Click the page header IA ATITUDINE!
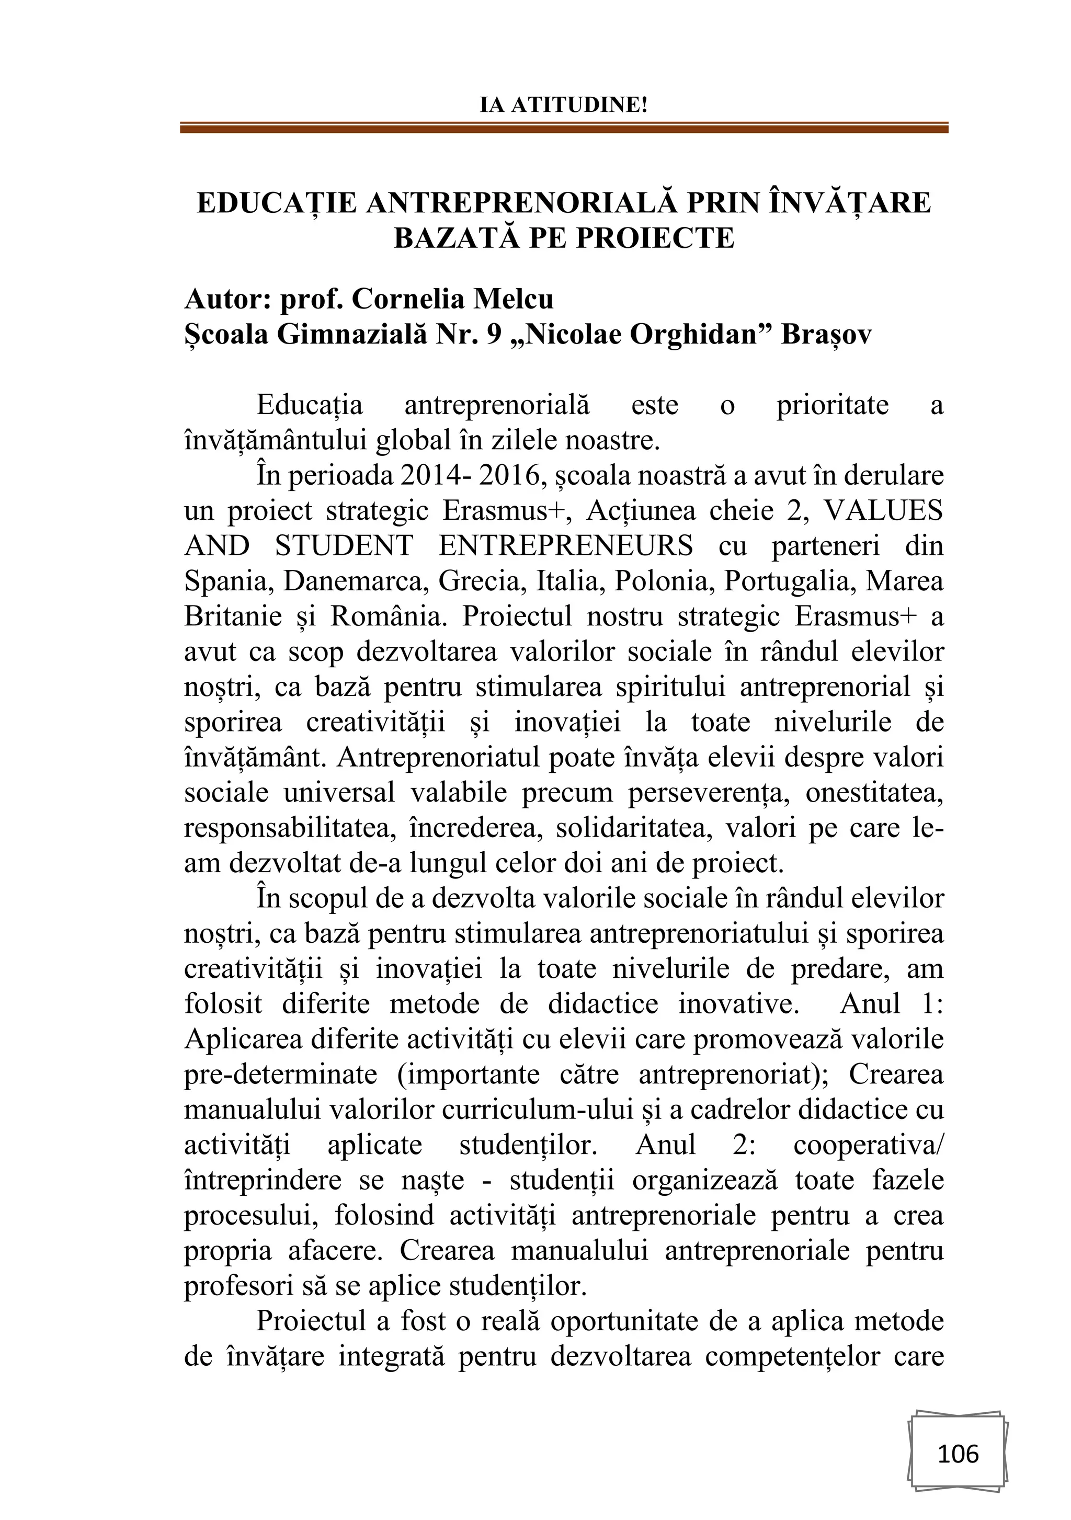click(x=563, y=105)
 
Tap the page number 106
click(x=958, y=1454)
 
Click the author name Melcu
click(x=513, y=299)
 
